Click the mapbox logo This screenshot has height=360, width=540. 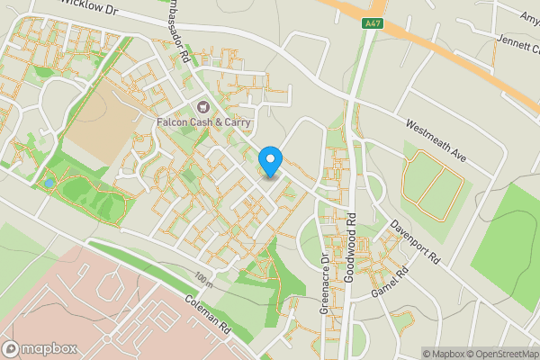click(38, 348)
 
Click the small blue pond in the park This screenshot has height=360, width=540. click(48, 183)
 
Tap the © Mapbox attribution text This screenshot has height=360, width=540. click(444, 353)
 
